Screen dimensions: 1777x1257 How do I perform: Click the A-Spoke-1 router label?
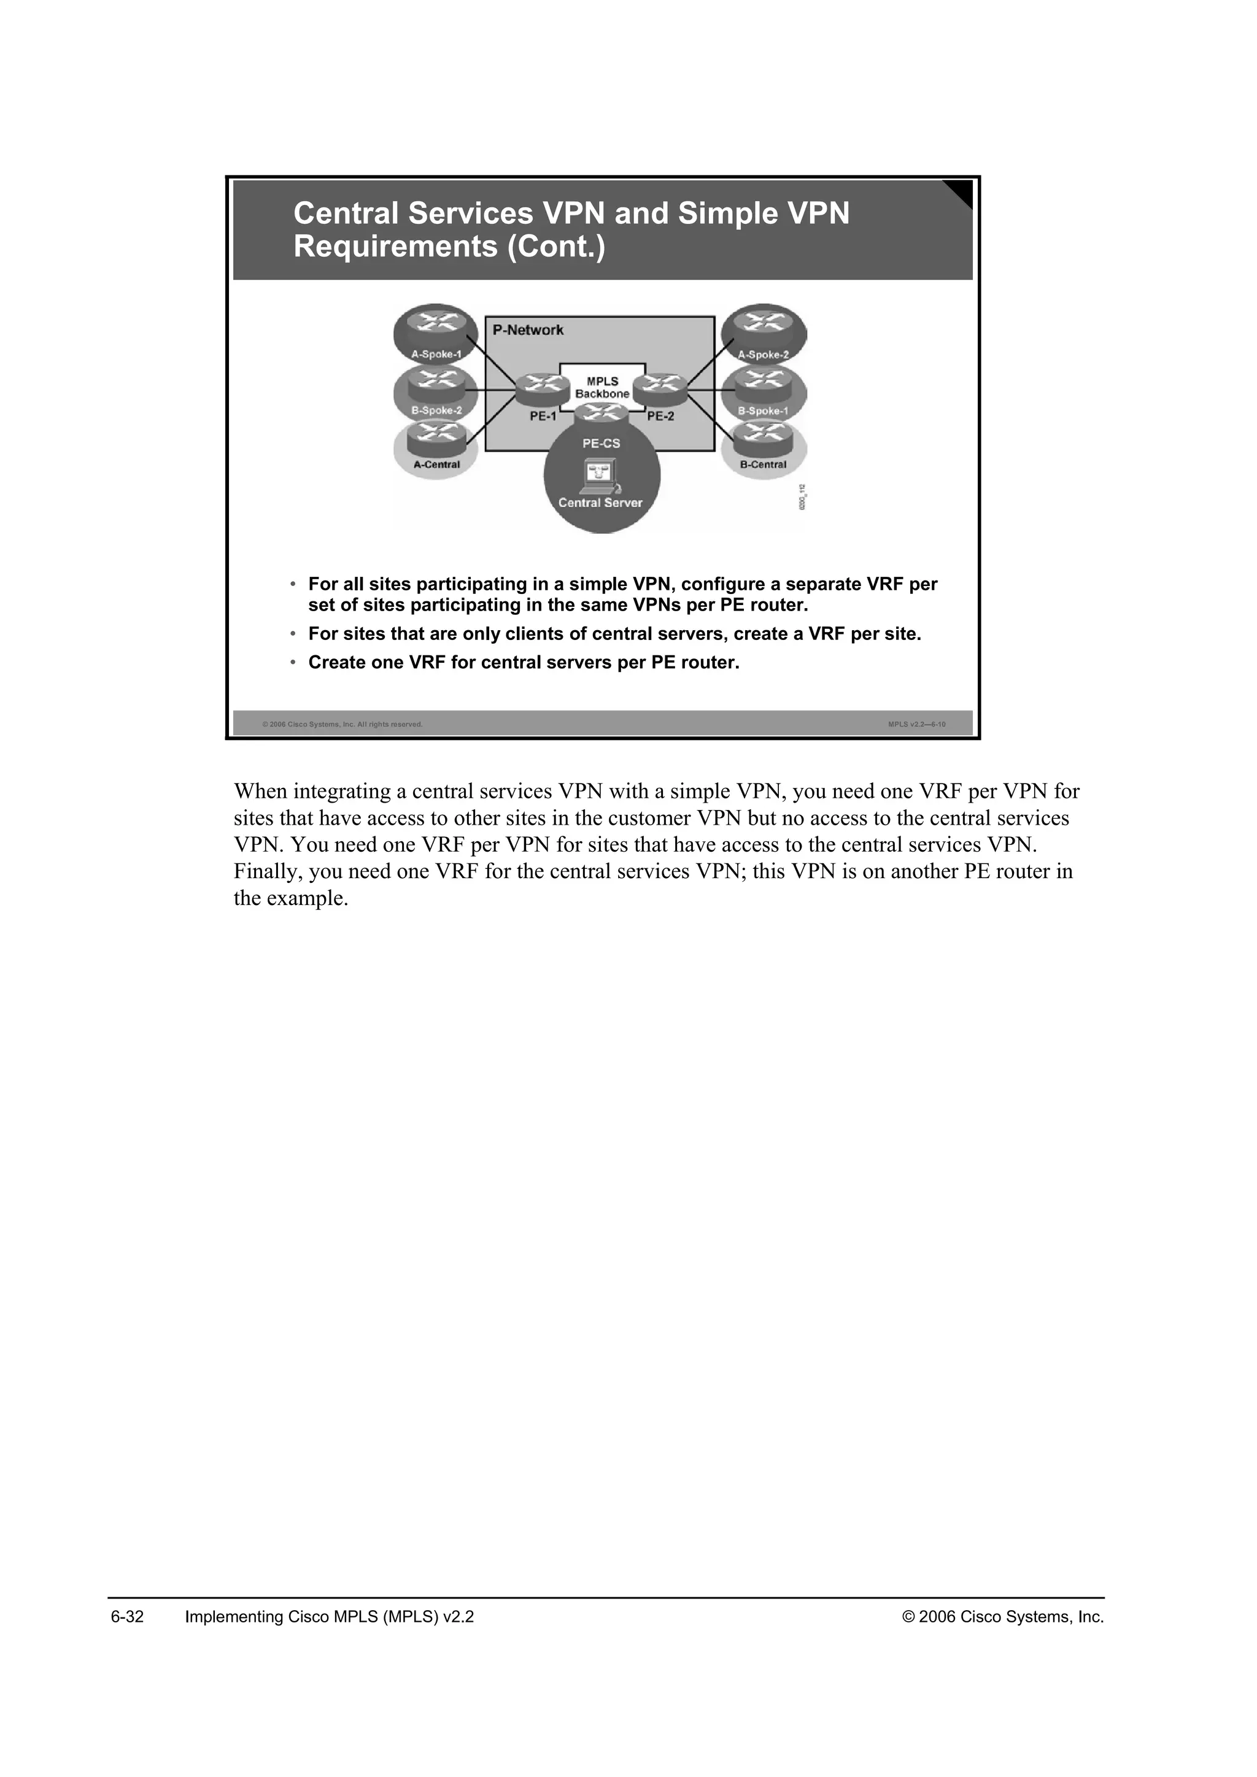[436, 355]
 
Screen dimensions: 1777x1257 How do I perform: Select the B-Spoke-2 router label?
[436, 411]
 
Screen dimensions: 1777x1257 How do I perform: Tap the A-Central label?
[436, 464]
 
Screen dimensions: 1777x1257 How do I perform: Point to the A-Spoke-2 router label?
[763, 355]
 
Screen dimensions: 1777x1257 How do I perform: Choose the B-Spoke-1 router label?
[763, 411]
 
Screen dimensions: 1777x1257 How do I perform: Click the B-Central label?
[763, 464]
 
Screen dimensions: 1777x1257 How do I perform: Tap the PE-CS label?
[601, 444]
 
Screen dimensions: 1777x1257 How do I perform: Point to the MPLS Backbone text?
[602, 388]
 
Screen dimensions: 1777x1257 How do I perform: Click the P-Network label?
[528, 331]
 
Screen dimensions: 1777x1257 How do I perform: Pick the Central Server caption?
[601, 503]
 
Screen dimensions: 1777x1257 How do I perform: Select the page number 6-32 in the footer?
[128, 1617]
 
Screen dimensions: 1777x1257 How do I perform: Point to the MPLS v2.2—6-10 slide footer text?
[916, 725]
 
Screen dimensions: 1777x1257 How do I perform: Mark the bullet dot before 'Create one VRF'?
[293, 663]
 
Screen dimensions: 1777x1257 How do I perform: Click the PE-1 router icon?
[537, 389]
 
